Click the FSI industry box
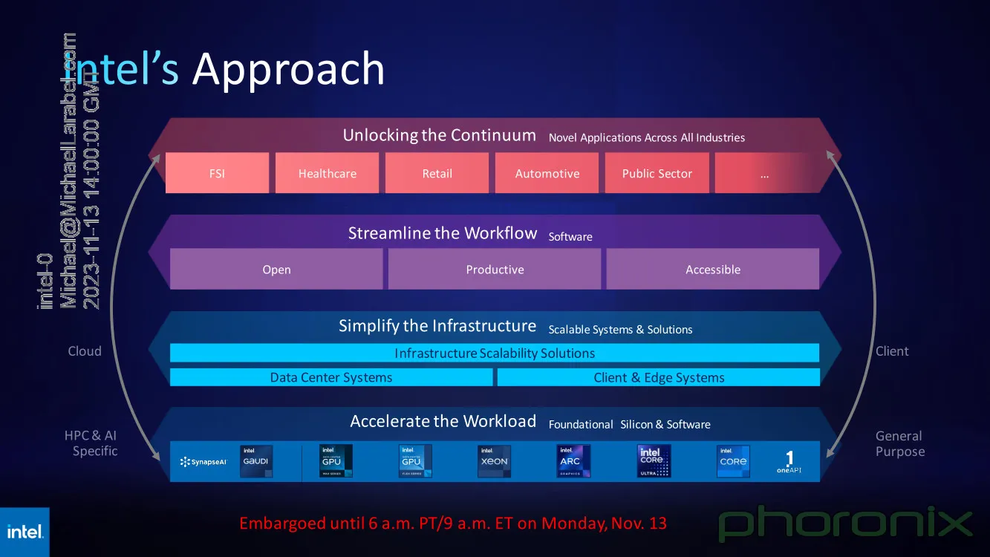pyautogui.click(x=217, y=173)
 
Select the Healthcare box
pyautogui.click(x=327, y=173)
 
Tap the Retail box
pyautogui.click(x=437, y=173)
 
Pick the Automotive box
pyautogui.click(x=547, y=173)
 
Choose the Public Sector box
pyautogui.click(x=657, y=173)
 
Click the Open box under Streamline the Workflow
pyautogui.click(x=276, y=269)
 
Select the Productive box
pyautogui.click(x=495, y=269)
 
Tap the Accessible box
pyautogui.click(x=713, y=269)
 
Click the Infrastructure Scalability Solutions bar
pyautogui.click(x=495, y=353)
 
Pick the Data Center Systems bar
pyautogui.click(x=331, y=377)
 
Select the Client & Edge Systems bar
pyautogui.click(x=659, y=377)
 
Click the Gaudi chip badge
pyautogui.click(x=256, y=461)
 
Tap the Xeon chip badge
pyautogui.click(x=494, y=461)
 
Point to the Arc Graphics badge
pyautogui.click(x=573, y=461)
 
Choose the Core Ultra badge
pyautogui.click(x=654, y=461)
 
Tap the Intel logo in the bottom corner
pyautogui.click(x=25, y=532)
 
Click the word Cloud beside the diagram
pyautogui.click(x=85, y=351)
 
